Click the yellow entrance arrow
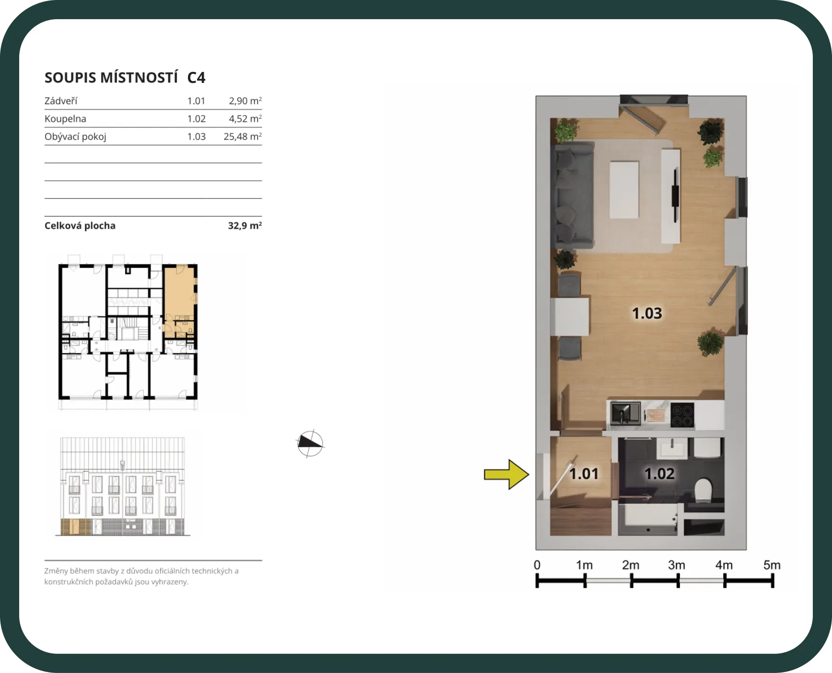coord(506,475)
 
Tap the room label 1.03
coord(647,313)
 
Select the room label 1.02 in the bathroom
coord(659,474)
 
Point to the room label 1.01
coord(584,474)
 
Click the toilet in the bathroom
coord(703,490)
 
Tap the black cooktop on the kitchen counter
coord(682,415)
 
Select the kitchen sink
coord(625,414)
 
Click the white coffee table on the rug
coord(624,190)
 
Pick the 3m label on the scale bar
coord(677,565)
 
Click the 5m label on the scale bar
coord(772,565)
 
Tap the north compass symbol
coord(310,443)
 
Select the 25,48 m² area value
coord(243,137)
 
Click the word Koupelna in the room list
coord(65,119)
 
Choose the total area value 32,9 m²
coord(245,225)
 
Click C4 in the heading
coord(196,78)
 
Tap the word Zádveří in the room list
coord(61,101)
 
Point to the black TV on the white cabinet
coord(675,194)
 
